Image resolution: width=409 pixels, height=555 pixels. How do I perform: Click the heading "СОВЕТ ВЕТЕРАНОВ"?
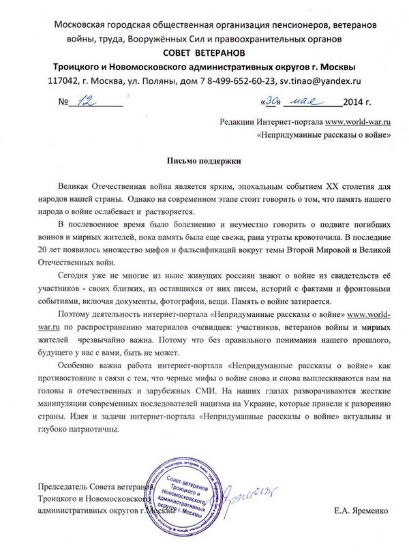204,53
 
